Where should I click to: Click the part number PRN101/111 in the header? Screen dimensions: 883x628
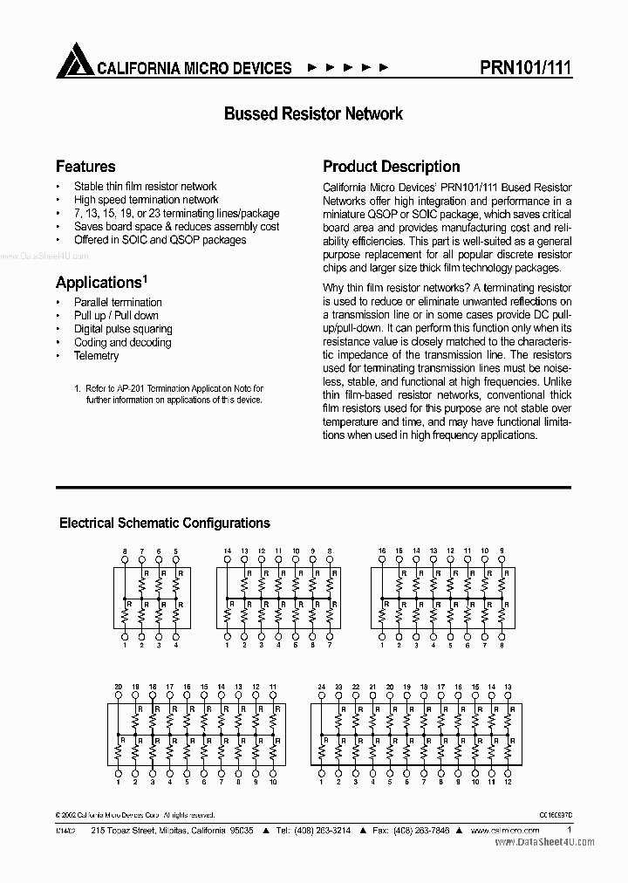coord(526,68)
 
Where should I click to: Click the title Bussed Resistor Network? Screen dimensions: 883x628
coord(313,113)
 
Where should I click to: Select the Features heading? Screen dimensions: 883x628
coord(85,166)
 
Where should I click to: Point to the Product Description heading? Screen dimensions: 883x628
coord(391,166)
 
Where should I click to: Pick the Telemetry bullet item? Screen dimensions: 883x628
coord(97,356)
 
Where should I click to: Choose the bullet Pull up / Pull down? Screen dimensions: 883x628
coord(116,316)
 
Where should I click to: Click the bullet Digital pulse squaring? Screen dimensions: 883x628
coord(123,329)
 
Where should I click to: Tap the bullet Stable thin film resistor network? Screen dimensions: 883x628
coord(145,186)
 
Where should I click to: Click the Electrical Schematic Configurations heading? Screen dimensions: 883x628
coord(164,524)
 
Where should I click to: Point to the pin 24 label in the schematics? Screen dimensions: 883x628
coord(321,688)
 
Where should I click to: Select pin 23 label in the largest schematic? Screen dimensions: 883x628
coord(338,688)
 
